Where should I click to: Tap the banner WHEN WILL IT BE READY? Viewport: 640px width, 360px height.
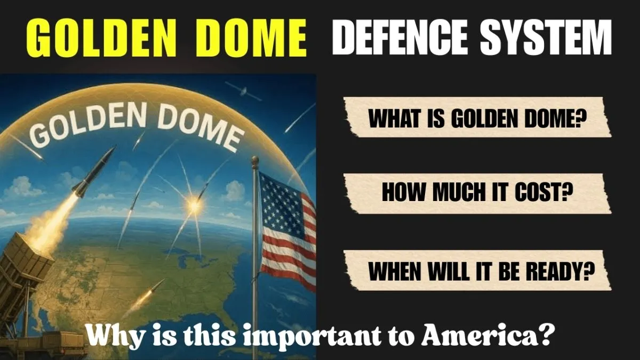coord(482,270)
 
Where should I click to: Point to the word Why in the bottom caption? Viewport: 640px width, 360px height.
coord(108,338)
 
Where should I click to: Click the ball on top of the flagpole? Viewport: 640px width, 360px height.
coord(255,160)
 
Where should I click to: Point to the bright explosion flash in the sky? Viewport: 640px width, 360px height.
coord(194,203)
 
